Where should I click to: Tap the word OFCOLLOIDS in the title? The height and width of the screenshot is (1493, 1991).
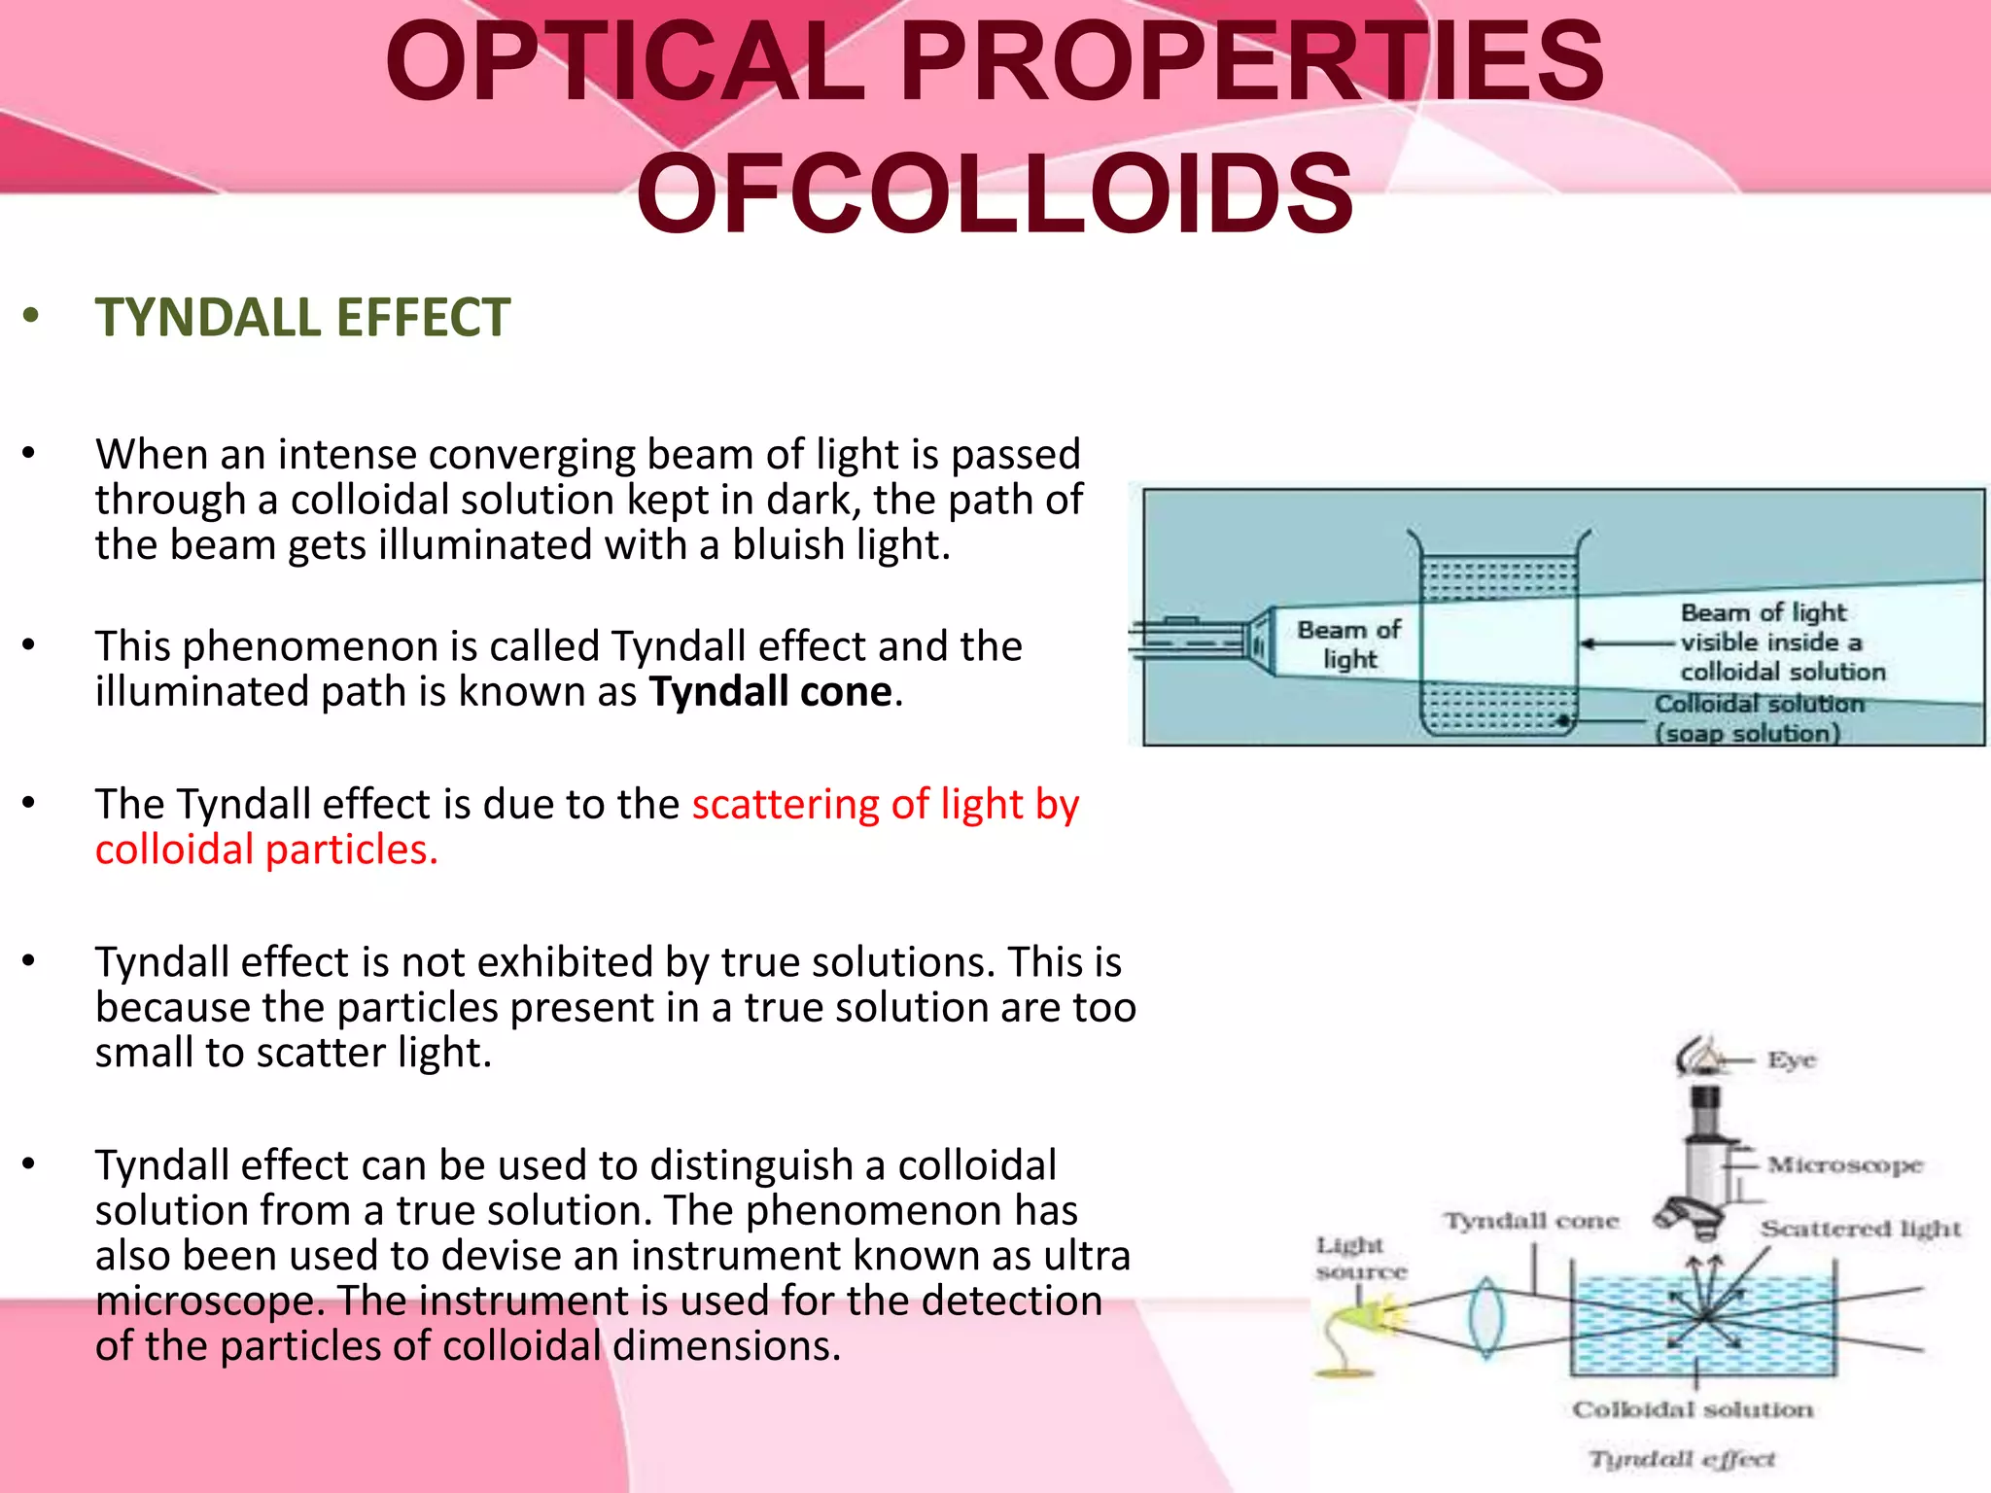tap(995, 194)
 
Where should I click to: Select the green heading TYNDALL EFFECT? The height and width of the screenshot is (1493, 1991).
tap(302, 318)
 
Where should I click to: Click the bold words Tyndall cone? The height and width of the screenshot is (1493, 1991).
tap(770, 692)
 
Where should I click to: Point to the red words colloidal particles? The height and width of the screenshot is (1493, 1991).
tap(266, 851)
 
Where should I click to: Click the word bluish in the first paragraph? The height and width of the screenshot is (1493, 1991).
tap(786, 545)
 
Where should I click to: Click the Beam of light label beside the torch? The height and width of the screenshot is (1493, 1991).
tap(1348, 644)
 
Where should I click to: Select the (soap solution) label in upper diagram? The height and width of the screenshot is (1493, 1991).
tap(1748, 733)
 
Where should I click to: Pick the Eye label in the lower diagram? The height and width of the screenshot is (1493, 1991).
tap(1791, 1059)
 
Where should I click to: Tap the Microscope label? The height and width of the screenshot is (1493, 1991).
tap(1844, 1164)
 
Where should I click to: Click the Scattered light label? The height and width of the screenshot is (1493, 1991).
tap(1861, 1229)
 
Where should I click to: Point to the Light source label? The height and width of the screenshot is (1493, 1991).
tap(1360, 1259)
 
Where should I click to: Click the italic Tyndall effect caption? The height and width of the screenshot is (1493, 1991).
tap(1681, 1459)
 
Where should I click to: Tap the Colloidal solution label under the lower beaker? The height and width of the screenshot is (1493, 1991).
tap(1693, 1409)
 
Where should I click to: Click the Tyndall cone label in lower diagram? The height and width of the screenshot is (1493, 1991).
tap(1531, 1221)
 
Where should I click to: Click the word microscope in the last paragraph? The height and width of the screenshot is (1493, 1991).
tap(207, 1302)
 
